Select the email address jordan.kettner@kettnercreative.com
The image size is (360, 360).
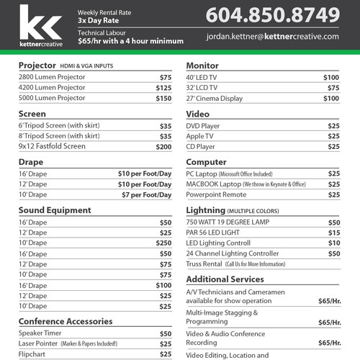272,36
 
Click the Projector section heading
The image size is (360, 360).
37,66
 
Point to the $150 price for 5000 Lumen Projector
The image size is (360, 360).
164,98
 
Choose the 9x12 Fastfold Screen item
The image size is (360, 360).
52,146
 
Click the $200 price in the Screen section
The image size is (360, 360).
164,146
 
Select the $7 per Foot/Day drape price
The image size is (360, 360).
148,194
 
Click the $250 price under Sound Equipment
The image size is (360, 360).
164,243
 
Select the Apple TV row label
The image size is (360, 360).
199,135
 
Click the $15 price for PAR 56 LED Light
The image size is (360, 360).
334,233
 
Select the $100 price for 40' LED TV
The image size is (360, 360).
331,77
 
